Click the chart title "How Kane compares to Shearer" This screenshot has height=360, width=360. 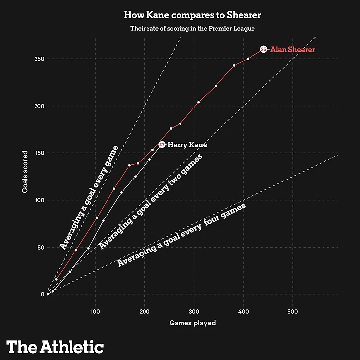click(x=192, y=15)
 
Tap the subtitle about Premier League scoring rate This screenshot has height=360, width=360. click(x=192, y=29)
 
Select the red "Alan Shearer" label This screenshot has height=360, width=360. click(x=292, y=50)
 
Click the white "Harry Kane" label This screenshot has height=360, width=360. click(x=187, y=145)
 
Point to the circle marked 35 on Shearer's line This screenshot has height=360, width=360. click(x=264, y=49)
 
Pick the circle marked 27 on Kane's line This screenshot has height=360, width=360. click(x=162, y=145)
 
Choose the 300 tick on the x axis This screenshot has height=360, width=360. click(x=194, y=311)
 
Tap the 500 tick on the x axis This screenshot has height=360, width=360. click(x=293, y=311)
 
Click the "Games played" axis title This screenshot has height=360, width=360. click(x=192, y=324)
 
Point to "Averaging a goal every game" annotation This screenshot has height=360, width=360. click(x=88, y=197)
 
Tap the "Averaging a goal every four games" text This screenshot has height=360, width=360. click(x=181, y=235)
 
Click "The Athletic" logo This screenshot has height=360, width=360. click(x=55, y=346)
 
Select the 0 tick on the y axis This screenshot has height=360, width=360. click(x=43, y=294)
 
